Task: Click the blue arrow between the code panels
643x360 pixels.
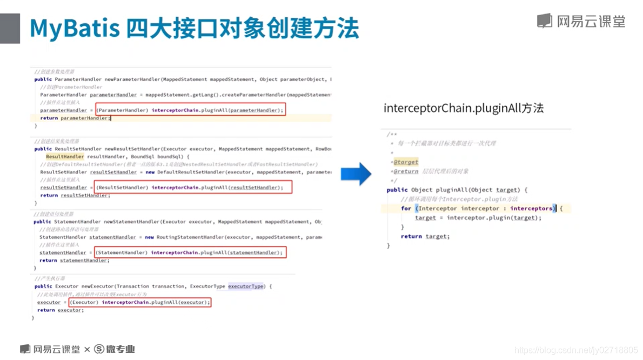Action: tap(356, 174)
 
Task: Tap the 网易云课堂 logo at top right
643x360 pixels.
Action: tap(581, 21)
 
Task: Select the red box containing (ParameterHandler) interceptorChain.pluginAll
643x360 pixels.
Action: tap(190, 110)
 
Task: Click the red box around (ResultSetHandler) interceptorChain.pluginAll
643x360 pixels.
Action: tap(193, 188)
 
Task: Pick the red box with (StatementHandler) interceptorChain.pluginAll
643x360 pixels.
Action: tap(190, 252)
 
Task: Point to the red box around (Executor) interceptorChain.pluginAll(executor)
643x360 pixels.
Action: tap(139, 302)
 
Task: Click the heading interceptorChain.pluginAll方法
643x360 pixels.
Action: tap(463, 108)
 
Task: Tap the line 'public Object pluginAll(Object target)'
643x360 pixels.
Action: tap(457, 190)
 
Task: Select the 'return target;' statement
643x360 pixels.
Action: tap(425, 236)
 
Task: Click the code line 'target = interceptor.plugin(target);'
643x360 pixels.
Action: tap(478, 218)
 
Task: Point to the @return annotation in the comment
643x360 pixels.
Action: tap(406, 171)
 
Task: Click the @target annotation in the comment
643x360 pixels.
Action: tap(406, 162)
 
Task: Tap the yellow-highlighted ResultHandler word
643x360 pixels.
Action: tap(65, 157)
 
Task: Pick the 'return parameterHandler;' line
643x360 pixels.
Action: tap(75, 118)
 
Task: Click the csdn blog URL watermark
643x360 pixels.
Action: tap(576, 350)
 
